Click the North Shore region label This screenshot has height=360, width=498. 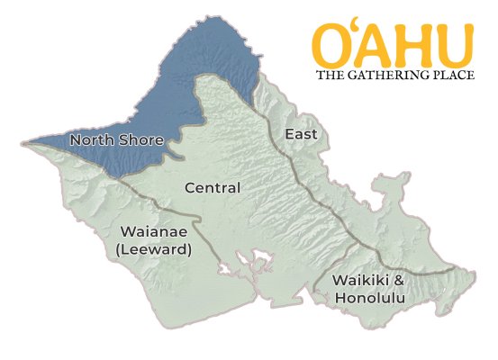[116, 140]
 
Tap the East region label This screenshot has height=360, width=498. [301, 134]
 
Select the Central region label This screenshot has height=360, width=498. [212, 188]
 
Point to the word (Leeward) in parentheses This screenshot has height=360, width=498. [154, 249]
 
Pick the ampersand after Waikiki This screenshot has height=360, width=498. [398, 280]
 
